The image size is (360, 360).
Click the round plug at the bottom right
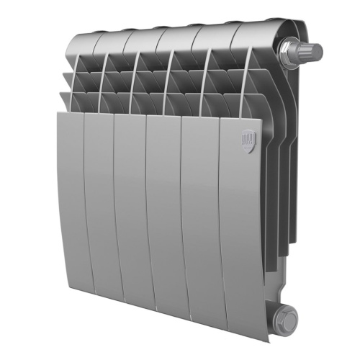(285, 315)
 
